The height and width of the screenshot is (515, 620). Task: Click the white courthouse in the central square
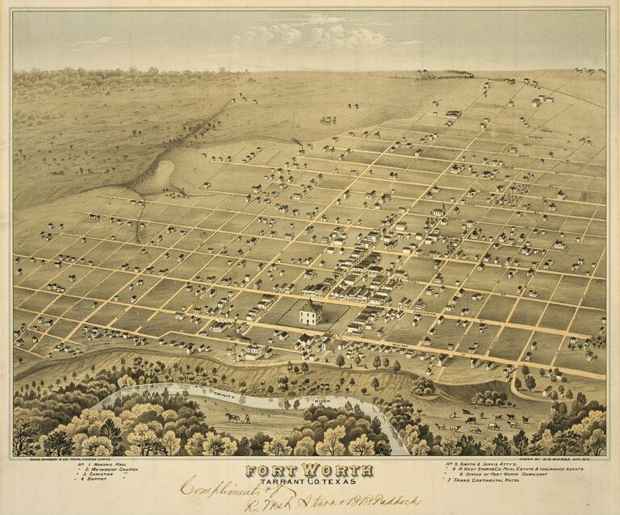309,313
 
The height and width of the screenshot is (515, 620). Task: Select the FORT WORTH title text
310,470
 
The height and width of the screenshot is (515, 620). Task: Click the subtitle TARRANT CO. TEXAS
310,482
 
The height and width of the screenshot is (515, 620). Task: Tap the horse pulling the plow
231,417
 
